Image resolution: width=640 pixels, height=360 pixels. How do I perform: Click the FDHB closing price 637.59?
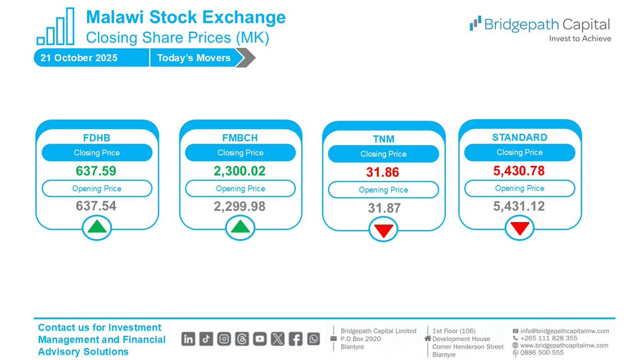pos(97,171)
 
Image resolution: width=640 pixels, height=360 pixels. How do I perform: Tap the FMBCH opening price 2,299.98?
pos(240,206)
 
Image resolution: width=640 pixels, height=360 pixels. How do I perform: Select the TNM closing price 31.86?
pos(383,173)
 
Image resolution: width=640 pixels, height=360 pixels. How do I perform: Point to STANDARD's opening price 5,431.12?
pos(519,206)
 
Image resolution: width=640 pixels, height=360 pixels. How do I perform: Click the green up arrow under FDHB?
pos(97,227)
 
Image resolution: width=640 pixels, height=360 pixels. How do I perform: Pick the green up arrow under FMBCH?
pos(240,227)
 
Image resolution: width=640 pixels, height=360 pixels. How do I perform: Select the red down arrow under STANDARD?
pos(519,228)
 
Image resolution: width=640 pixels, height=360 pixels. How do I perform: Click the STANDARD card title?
pos(519,138)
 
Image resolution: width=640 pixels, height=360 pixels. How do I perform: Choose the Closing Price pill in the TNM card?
pos(383,154)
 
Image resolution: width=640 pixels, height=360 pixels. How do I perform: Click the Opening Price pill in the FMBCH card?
pos(240,188)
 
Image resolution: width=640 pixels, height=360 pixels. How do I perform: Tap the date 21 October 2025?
pos(79,58)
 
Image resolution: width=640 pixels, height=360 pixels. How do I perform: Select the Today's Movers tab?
pos(194,58)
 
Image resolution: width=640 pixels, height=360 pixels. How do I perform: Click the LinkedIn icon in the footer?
pos(188,339)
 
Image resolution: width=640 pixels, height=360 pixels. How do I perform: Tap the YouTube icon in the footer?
pos(260,339)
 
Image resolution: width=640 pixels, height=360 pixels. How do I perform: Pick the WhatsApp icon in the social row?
pos(313,339)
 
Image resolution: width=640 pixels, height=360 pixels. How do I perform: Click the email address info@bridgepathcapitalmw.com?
pos(564,331)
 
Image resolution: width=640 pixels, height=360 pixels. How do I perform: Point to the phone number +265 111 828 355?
pos(548,338)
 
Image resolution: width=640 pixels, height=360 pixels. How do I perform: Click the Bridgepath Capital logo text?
pos(547,25)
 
